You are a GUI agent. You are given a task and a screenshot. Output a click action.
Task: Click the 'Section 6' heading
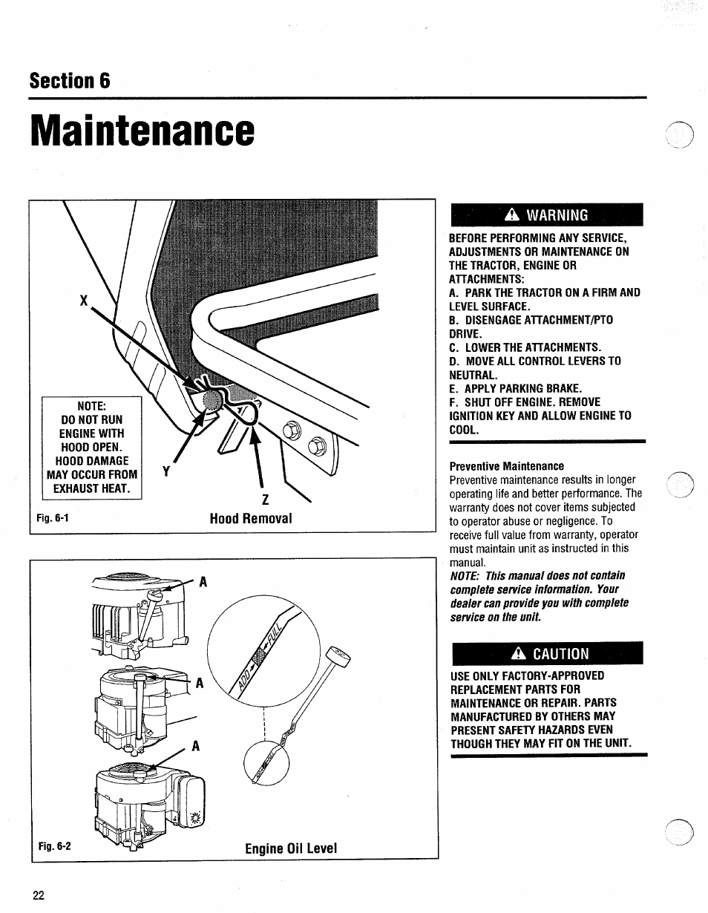(x=70, y=81)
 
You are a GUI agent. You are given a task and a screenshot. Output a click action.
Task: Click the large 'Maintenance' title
(x=142, y=131)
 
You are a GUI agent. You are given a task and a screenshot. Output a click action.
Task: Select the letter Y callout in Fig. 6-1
(x=166, y=472)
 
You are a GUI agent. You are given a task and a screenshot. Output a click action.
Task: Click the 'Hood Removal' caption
(x=251, y=518)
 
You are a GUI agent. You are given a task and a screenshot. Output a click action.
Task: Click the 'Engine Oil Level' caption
(x=291, y=847)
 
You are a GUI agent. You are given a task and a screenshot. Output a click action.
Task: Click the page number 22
(x=39, y=895)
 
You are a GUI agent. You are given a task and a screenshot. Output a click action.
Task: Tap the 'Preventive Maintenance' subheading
(x=507, y=466)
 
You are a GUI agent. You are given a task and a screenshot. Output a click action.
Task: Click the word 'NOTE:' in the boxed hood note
(x=92, y=405)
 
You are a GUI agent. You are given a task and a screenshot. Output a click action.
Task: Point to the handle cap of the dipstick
(x=339, y=655)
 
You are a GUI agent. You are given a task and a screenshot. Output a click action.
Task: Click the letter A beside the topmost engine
(x=202, y=583)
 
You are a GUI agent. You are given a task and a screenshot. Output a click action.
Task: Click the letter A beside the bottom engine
(x=197, y=747)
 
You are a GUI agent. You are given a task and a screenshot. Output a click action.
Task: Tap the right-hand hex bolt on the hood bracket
(x=317, y=446)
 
